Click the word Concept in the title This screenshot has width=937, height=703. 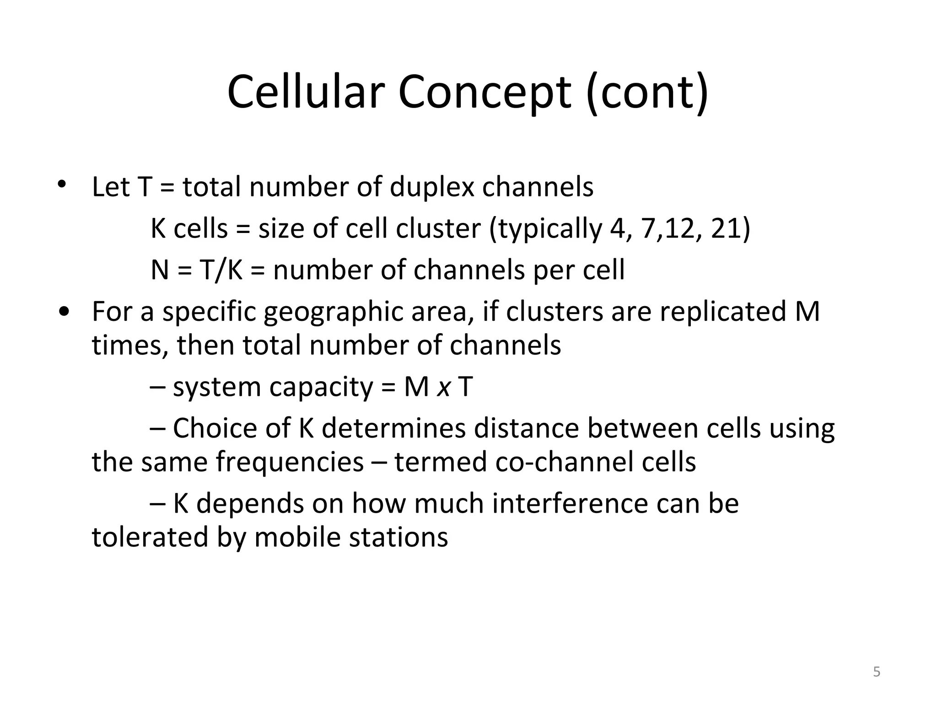point(485,92)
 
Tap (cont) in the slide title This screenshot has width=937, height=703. point(647,92)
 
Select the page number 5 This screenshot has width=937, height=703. point(877,672)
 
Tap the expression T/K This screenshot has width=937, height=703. point(221,270)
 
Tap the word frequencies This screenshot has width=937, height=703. point(290,462)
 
